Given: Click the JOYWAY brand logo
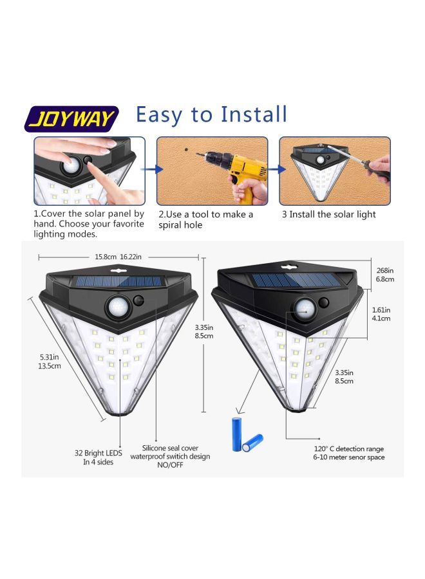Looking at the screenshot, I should (x=71, y=119).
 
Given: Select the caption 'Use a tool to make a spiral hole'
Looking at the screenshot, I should (x=206, y=219).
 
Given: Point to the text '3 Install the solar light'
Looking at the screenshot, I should (x=328, y=214).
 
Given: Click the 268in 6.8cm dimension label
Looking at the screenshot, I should (x=385, y=275).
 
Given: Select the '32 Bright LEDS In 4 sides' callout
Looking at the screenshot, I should (x=99, y=457).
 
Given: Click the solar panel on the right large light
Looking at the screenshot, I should (x=293, y=280).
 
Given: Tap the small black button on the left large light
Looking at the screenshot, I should (x=140, y=299).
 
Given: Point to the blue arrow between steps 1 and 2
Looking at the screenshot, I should (x=151, y=170).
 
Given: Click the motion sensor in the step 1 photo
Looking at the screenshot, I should (x=70, y=165).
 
